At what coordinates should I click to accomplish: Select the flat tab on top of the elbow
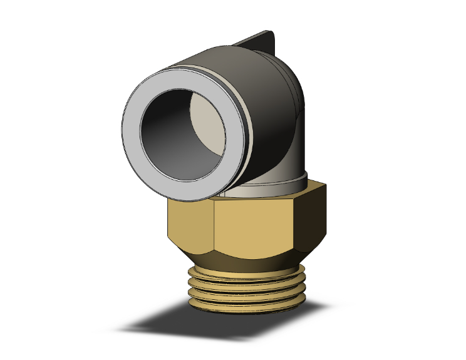(x=257, y=41)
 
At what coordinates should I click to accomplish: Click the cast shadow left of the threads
(x=157, y=326)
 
